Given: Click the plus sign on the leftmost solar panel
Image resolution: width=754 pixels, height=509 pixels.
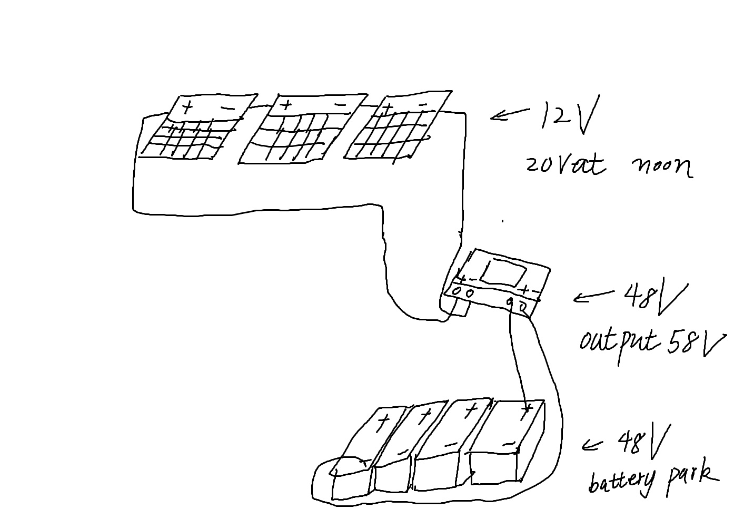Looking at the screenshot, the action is [x=187, y=109].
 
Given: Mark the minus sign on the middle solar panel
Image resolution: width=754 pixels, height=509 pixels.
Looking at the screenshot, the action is [x=341, y=105].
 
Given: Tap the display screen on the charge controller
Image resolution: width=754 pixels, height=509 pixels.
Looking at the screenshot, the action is [x=504, y=272].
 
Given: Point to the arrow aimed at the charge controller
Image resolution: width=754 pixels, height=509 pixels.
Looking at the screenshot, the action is [x=592, y=297].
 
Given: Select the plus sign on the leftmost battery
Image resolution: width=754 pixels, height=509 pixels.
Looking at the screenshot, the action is [x=383, y=420].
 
